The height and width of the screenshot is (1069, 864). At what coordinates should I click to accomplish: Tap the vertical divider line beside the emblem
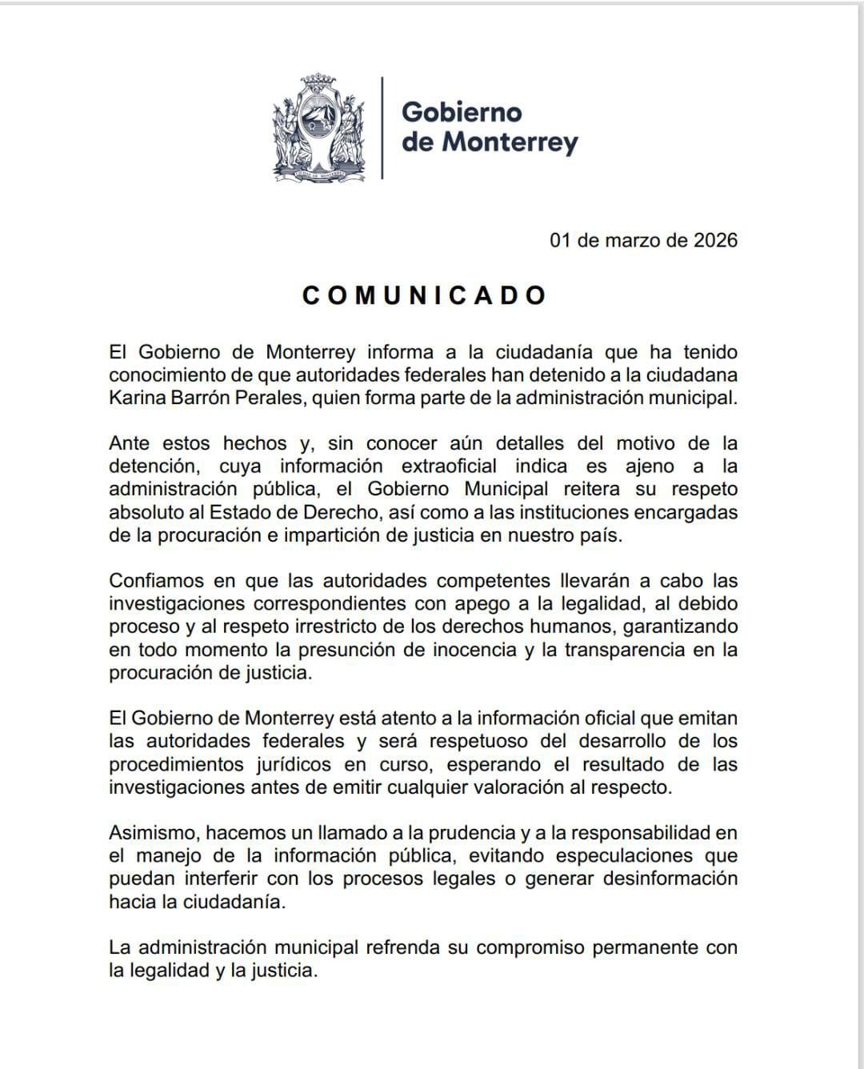point(382,127)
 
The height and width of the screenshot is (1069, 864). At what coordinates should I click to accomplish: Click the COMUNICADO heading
point(424,295)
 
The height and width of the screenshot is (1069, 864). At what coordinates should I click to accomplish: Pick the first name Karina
point(139,398)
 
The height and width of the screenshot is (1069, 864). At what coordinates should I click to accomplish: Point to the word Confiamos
point(158,581)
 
